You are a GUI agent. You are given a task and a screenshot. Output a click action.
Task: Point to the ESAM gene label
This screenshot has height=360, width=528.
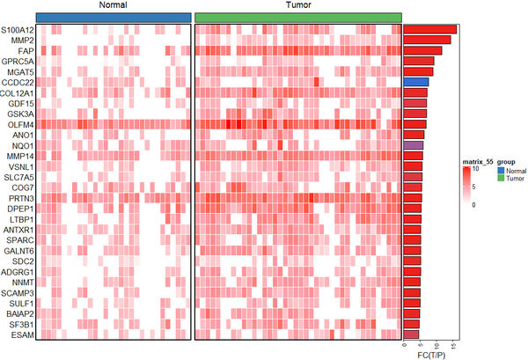[x=23, y=334]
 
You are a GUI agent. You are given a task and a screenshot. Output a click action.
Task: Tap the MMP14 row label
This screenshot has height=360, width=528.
[x=20, y=156]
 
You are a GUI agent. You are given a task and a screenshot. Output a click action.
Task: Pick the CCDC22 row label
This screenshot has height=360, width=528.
[x=18, y=82]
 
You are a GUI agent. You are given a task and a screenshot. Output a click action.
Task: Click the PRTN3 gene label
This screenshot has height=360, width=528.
[x=21, y=198]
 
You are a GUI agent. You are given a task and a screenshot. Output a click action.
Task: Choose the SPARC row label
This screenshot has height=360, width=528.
[x=20, y=239]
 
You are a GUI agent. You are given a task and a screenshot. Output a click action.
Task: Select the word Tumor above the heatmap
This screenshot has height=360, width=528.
[x=297, y=6]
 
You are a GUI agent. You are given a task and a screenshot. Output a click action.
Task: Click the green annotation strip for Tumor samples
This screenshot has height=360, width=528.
[x=297, y=18]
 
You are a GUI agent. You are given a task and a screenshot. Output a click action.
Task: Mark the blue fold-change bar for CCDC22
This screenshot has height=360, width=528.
[x=416, y=82]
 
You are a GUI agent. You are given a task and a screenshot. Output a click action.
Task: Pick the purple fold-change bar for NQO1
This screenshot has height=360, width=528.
[x=414, y=145]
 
